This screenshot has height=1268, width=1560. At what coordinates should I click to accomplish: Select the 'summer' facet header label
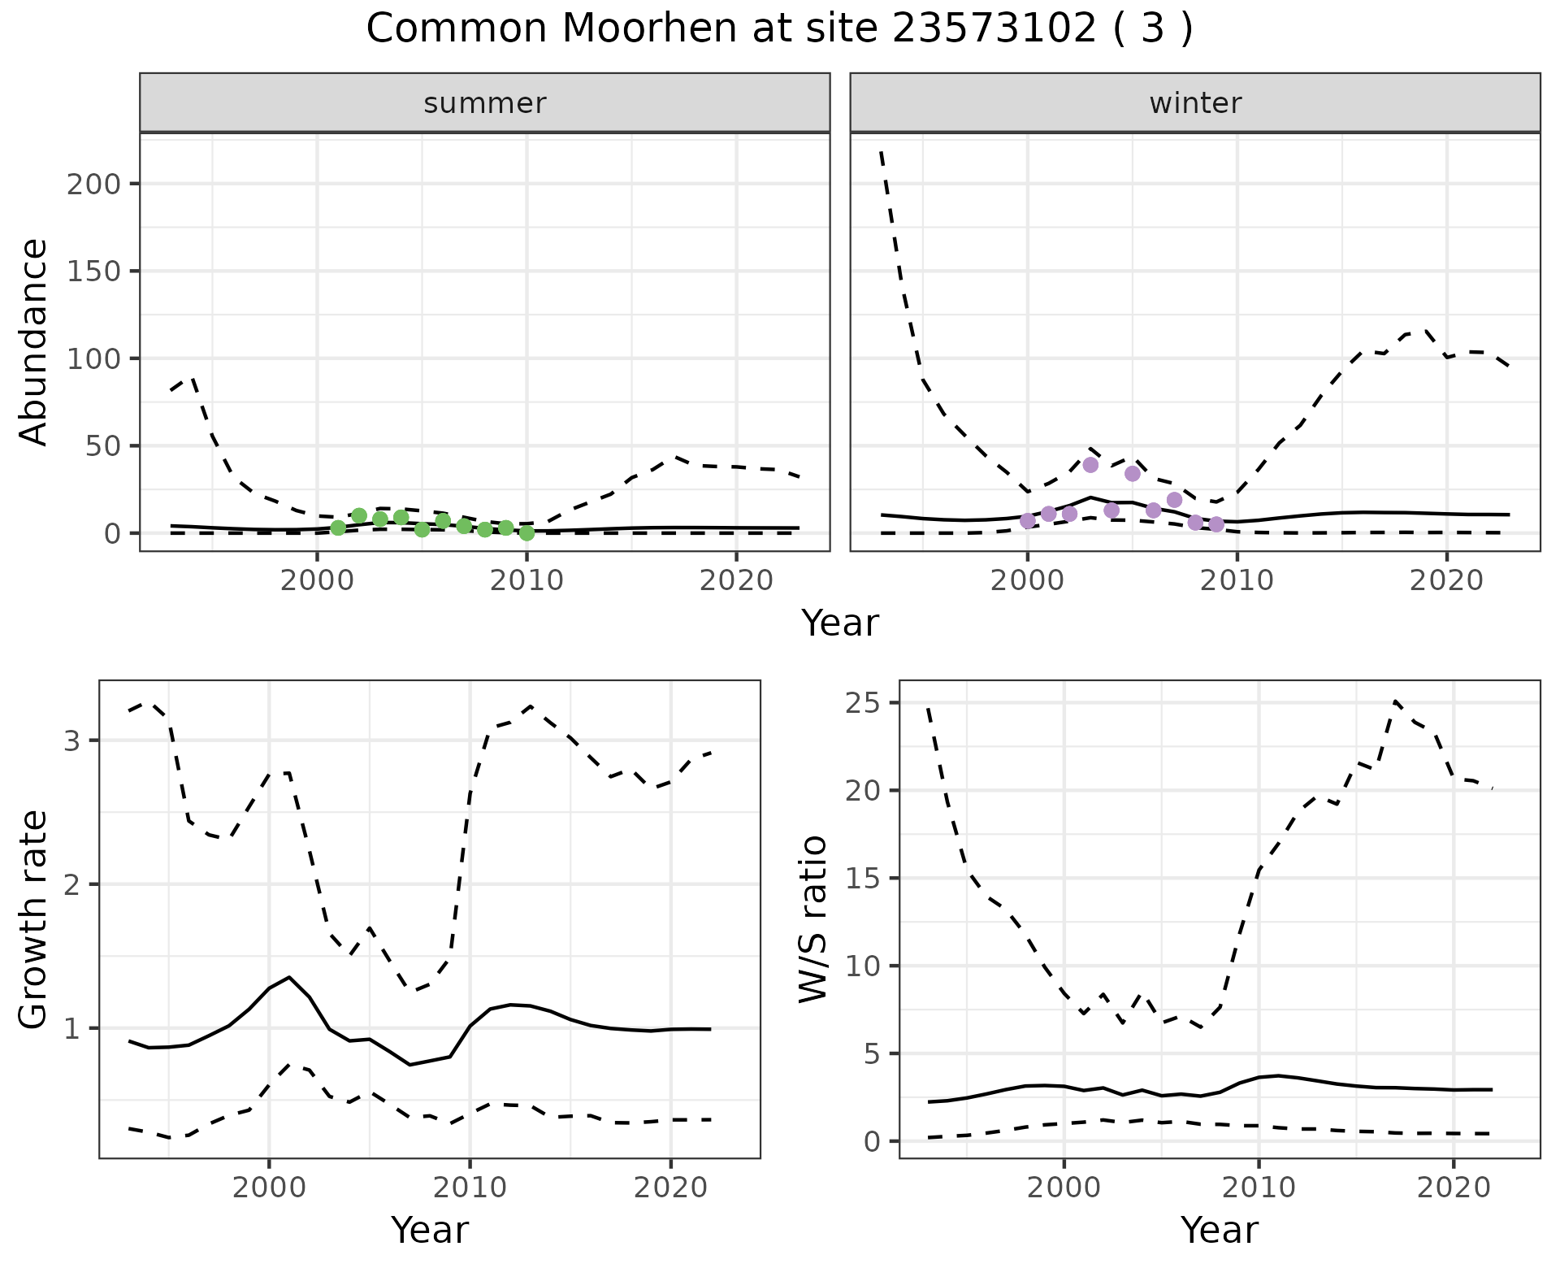click(x=484, y=103)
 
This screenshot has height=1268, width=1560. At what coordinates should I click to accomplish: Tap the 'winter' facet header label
click(x=1194, y=103)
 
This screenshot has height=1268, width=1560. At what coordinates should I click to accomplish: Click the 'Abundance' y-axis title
click(x=33, y=341)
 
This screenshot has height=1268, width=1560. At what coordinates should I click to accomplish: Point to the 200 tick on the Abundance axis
click(x=93, y=184)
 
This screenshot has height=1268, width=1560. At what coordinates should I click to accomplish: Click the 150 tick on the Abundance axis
click(x=93, y=271)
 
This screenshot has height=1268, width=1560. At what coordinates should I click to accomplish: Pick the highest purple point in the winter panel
click(x=1090, y=465)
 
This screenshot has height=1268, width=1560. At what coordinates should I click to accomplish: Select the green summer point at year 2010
click(x=526, y=533)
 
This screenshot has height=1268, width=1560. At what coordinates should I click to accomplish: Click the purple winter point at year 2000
click(x=1028, y=521)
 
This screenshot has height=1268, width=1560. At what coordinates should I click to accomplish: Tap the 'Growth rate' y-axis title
click(x=33, y=918)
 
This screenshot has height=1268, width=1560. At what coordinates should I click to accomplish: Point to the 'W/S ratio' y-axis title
click(x=812, y=918)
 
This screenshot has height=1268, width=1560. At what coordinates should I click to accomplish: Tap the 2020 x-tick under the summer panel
click(x=736, y=581)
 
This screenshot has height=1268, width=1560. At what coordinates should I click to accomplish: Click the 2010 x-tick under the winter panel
click(x=1237, y=581)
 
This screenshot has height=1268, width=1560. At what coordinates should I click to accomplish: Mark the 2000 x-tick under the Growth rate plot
click(x=269, y=1188)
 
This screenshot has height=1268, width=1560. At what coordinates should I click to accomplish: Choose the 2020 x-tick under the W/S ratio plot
click(x=1454, y=1188)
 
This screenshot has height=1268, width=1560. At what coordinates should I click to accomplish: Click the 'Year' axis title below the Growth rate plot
click(x=430, y=1230)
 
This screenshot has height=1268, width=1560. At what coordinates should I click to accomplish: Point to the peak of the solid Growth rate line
click(x=289, y=977)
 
